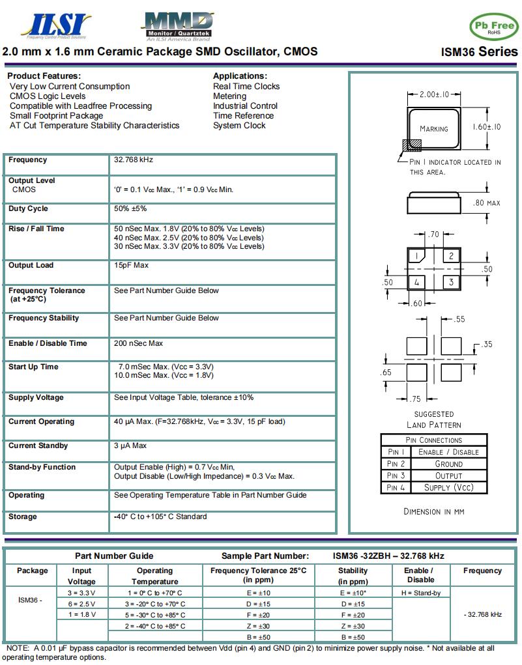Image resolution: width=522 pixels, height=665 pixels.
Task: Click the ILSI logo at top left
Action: tap(56, 25)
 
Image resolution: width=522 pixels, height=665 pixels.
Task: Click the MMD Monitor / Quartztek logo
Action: tap(177, 26)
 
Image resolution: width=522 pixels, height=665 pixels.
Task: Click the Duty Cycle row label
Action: tap(28, 209)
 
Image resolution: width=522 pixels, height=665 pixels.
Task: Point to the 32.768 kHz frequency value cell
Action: tap(134, 160)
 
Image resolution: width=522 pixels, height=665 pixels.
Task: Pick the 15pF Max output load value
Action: tap(131, 266)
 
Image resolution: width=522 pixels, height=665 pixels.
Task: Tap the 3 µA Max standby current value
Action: tap(130, 446)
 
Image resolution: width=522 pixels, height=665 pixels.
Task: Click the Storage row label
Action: tap(23, 517)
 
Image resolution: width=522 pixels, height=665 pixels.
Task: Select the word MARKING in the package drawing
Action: tap(434, 129)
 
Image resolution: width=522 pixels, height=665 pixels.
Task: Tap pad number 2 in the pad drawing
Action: tap(450, 257)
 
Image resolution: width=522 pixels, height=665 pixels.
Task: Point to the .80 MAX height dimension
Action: tap(487, 203)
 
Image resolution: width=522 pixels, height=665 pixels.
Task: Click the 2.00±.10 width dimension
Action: tap(434, 95)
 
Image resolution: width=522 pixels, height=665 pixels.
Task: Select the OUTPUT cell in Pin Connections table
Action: tap(448, 475)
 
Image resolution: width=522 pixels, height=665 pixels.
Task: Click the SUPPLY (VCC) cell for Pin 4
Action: tap(448, 487)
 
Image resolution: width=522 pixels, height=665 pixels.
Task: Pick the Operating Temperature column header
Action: tap(154, 576)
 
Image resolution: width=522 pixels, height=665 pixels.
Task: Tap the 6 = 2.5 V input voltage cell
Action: tap(81, 604)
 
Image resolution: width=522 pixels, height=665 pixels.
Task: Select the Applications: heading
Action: tap(240, 76)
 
